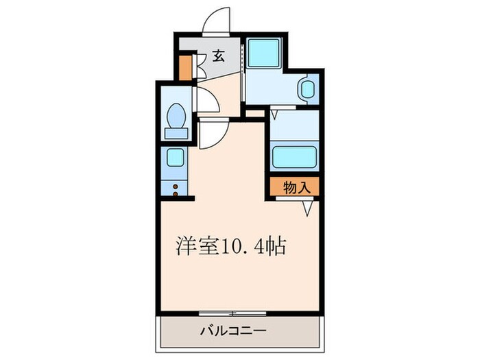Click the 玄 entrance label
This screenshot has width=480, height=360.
click(217, 56)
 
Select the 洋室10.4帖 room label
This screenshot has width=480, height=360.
click(230, 246)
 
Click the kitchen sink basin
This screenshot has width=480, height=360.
click(175, 158)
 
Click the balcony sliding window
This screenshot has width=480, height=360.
click(233, 313)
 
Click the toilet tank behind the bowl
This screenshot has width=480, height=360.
click(176, 133)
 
